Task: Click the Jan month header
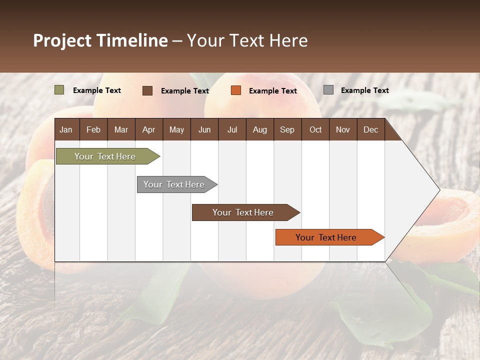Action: coord(66,129)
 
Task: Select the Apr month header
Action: coord(148,129)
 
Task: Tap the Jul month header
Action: coord(232,129)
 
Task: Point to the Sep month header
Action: coord(287,129)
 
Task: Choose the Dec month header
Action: coord(370,129)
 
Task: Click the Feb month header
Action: coord(93,129)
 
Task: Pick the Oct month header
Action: coord(315,129)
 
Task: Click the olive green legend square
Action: coord(59,90)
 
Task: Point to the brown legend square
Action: coord(147,90)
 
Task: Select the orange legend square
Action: coord(236,90)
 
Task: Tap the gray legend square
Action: coord(328,90)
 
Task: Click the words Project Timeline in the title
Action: coord(100,40)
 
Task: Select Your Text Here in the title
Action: coord(247,40)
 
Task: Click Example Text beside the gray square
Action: coord(364,90)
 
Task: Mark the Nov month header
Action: coord(342,129)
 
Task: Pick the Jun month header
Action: coord(204,129)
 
